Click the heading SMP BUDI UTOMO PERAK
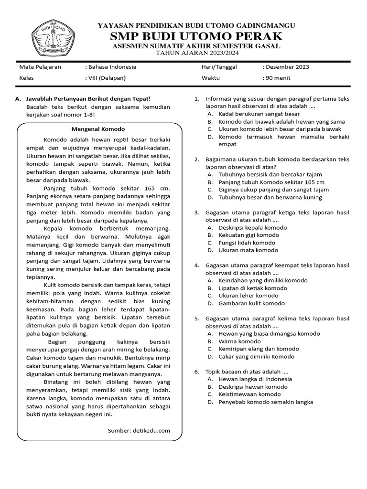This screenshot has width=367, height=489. click(196, 36)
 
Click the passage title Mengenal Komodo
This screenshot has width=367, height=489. click(98, 129)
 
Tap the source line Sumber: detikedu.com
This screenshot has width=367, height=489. click(139, 430)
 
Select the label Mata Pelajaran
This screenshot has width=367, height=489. click(40, 67)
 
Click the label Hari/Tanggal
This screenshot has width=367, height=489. click(219, 67)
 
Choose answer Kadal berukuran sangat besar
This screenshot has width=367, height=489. click(259, 114)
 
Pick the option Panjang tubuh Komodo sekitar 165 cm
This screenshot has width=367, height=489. click(271, 182)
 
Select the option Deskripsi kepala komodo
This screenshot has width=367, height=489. click(253, 227)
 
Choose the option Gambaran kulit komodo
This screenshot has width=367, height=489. click(251, 303)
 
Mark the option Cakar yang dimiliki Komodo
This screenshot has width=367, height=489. click(257, 356)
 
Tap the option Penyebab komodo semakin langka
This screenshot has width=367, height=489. click(266, 402)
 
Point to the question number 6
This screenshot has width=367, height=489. click(196, 371)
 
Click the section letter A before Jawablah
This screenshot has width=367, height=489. click(18, 99)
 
